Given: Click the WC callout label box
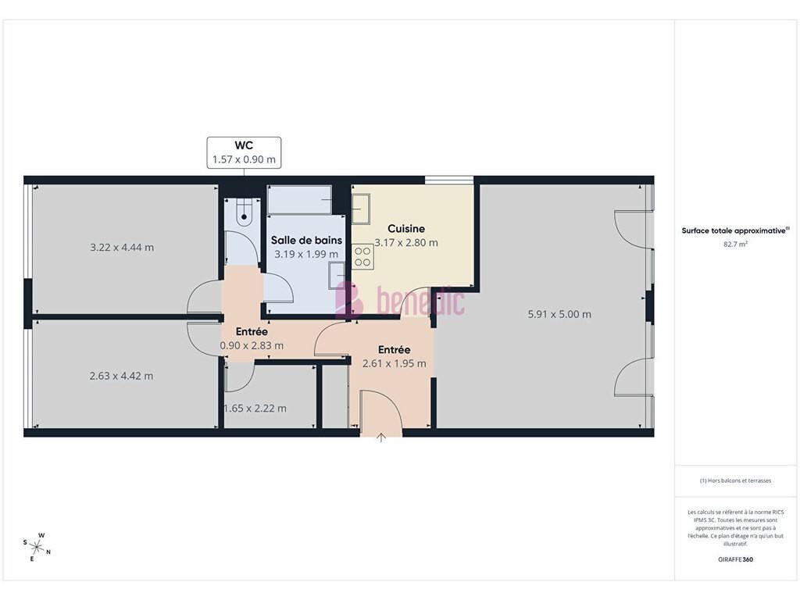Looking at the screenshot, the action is pyautogui.click(x=244, y=152).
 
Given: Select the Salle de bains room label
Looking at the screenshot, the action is pyautogui.click(x=306, y=241).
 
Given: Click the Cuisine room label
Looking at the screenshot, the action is pyautogui.click(x=406, y=229).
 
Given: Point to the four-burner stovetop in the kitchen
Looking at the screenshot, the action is pyautogui.click(x=362, y=257).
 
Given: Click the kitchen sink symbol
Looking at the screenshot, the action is pyautogui.click(x=361, y=209).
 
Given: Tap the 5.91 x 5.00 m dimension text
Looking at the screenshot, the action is pyautogui.click(x=559, y=314).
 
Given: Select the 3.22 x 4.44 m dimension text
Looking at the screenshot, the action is pyautogui.click(x=122, y=248).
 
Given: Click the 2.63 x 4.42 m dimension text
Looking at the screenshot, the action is pyautogui.click(x=121, y=376).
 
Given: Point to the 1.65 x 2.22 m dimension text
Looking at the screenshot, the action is pyautogui.click(x=255, y=409).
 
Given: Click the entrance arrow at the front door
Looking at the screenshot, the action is pyautogui.click(x=381, y=437).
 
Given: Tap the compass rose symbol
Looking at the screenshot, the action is pyautogui.click(x=37, y=548).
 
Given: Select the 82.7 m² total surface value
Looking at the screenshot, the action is pyautogui.click(x=735, y=245).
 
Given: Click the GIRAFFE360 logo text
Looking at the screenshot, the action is pyautogui.click(x=735, y=559).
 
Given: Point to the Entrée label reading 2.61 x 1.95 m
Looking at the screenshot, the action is pyautogui.click(x=395, y=356).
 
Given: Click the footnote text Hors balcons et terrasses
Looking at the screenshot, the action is pyautogui.click(x=735, y=480).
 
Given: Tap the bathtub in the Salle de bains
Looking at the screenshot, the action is pyautogui.click(x=299, y=199).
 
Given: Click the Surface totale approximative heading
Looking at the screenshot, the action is pyautogui.click(x=735, y=230).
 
